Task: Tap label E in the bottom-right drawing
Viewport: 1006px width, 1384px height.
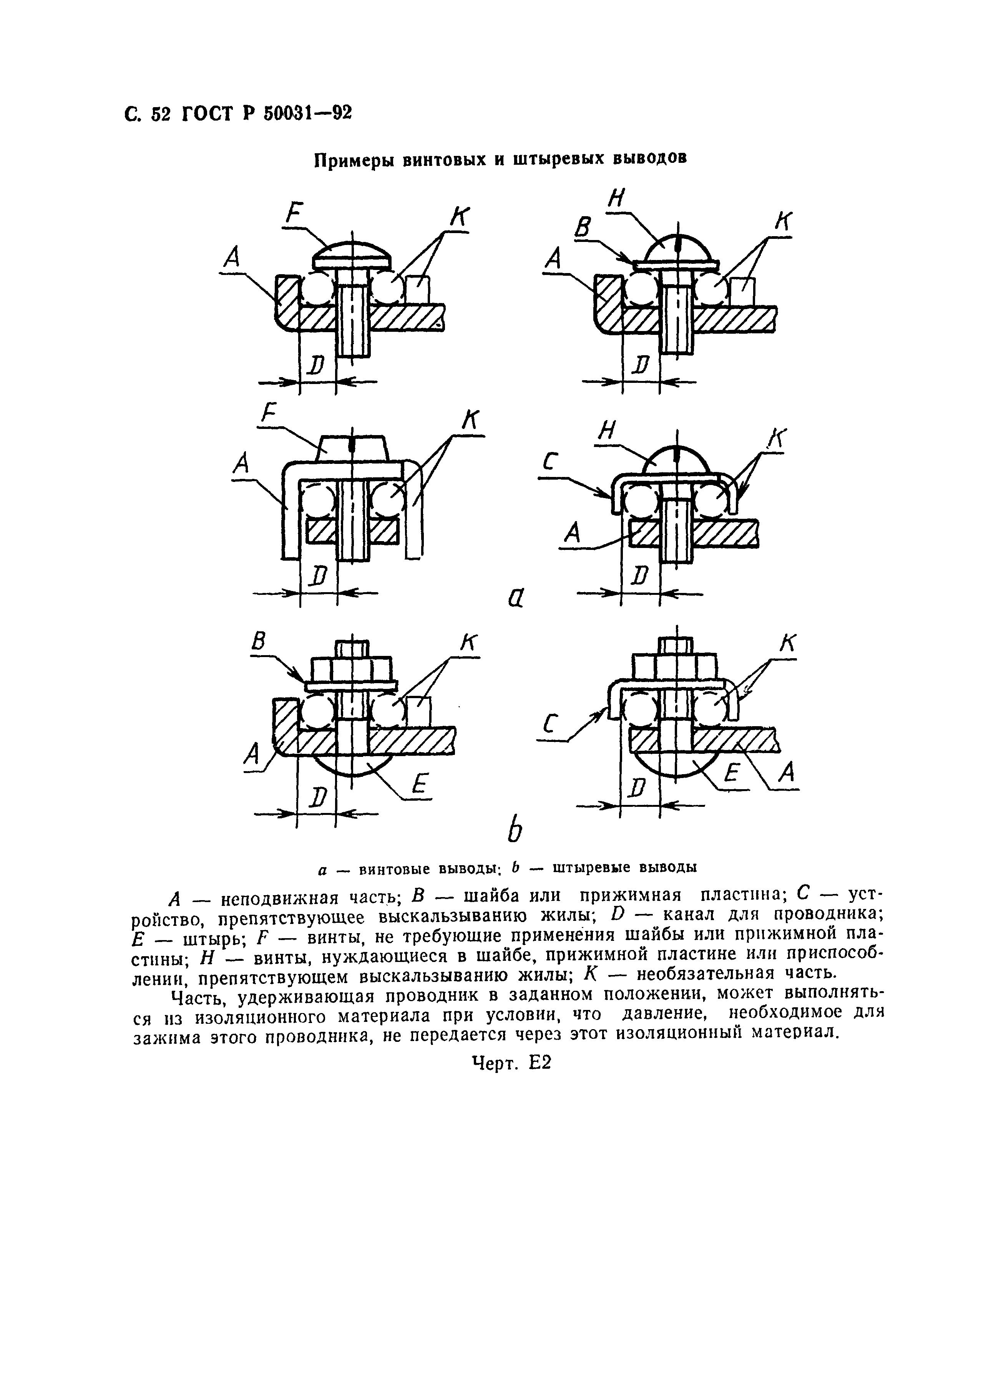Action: click(x=732, y=774)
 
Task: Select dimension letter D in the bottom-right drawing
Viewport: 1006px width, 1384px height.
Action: click(x=637, y=789)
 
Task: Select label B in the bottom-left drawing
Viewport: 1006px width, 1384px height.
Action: click(x=259, y=641)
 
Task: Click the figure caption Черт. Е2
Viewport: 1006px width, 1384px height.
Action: click(x=511, y=1063)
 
